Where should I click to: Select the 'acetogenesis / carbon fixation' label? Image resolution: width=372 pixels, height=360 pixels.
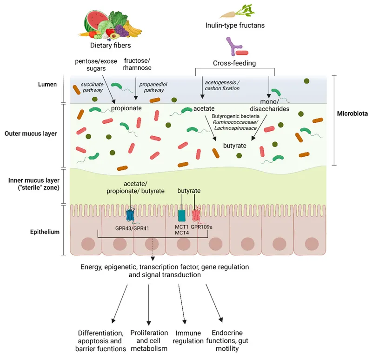pyautogui.click(x=222, y=85)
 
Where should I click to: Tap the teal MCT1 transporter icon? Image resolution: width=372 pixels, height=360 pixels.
pyautogui.click(x=182, y=215)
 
